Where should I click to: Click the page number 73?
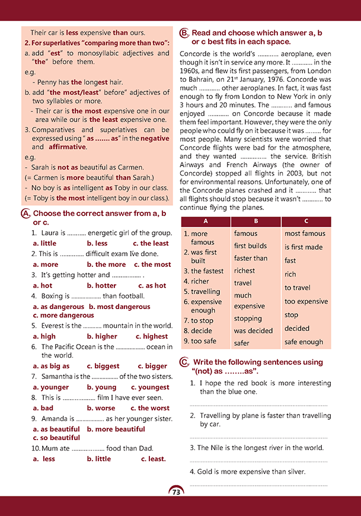(175, 492)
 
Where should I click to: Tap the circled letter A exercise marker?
(25, 214)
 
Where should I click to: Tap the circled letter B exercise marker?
(184, 33)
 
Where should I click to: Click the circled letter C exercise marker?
(184, 362)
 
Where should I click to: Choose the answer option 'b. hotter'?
(101, 285)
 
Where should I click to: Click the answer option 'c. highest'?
(152, 336)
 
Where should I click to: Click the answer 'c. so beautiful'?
(56, 438)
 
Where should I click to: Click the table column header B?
(256, 221)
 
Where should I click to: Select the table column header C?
(305, 221)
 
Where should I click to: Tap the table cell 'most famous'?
(305, 234)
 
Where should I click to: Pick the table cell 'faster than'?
(251, 258)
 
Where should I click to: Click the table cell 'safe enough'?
(304, 342)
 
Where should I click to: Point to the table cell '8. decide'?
(198, 330)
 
